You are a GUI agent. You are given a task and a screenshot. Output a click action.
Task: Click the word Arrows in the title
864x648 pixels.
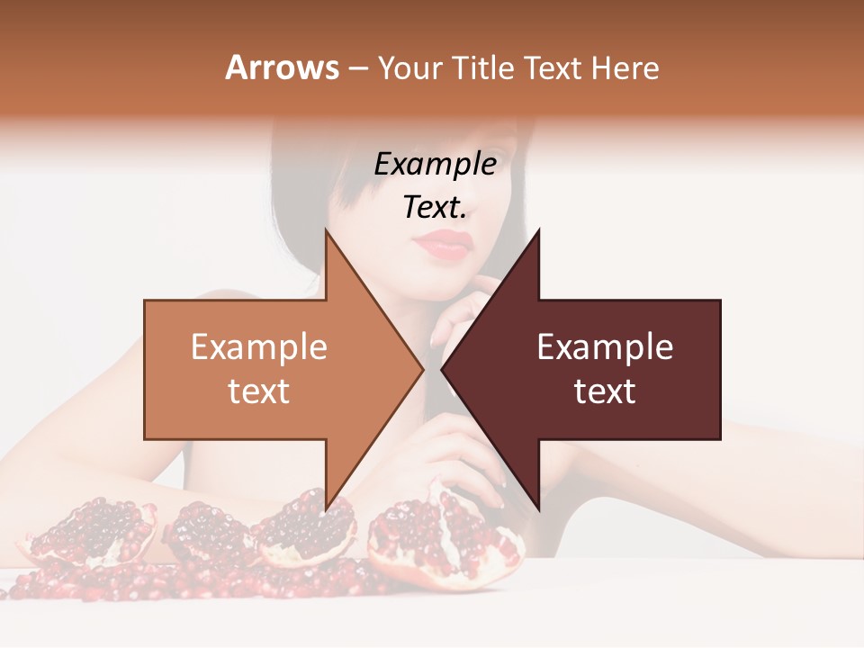point(282,67)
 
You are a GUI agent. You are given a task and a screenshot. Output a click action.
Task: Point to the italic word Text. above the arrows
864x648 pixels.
point(435,207)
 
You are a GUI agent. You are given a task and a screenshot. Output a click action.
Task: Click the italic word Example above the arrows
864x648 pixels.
point(435,164)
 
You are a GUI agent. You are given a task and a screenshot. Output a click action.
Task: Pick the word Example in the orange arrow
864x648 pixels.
point(259,347)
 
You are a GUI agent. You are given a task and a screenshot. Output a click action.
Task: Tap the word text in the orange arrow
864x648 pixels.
point(259,391)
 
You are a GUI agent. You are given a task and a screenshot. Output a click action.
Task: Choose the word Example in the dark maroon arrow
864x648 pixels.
point(605,347)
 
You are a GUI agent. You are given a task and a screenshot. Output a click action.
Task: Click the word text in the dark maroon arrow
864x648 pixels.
point(605,391)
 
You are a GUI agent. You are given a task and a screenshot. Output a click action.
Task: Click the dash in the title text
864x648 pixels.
point(357,68)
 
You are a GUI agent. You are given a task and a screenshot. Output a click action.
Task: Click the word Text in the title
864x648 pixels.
point(552,67)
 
